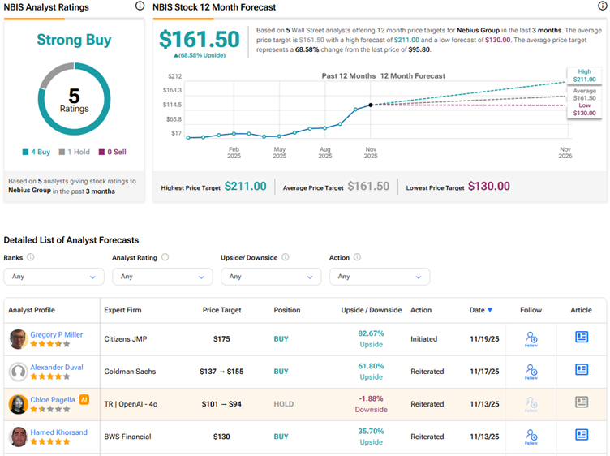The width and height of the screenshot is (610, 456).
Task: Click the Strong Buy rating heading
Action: [73, 40]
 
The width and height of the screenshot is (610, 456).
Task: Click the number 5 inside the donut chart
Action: [74, 95]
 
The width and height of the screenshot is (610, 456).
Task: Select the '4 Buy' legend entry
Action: [37, 152]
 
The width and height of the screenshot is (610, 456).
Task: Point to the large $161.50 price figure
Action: [200, 40]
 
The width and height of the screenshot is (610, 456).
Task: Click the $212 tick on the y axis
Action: [175, 76]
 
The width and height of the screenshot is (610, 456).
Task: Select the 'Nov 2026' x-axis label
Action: [565, 153]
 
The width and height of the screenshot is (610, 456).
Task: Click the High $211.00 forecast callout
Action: [584, 75]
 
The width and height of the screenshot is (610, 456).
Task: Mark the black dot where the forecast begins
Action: [371, 105]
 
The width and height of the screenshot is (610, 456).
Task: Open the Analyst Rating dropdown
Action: [162, 277]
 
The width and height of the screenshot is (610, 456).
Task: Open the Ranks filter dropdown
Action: [54, 277]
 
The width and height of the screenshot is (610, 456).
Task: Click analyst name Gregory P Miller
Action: [57, 333]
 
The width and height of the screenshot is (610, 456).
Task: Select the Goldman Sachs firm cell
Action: [130, 372]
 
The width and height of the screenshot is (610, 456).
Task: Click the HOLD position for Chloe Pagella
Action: [281, 404]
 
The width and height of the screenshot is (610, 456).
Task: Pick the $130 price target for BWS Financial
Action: [221, 437]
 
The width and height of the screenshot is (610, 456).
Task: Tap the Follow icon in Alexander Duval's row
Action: [531, 371]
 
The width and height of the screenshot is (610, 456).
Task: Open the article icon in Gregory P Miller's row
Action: [582, 338]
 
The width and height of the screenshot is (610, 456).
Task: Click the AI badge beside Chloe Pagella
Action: [84, 399]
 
